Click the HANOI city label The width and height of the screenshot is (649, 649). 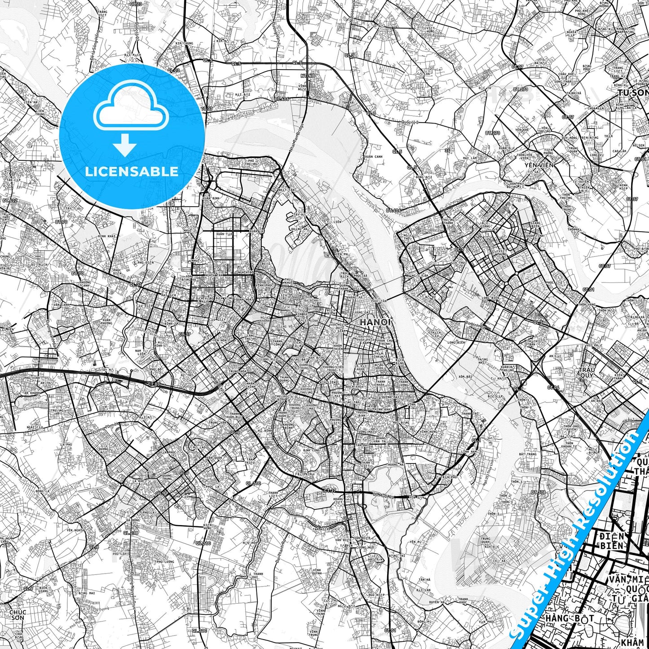(x=375, y=322)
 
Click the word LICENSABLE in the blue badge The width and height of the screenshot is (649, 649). (x=132, y=171)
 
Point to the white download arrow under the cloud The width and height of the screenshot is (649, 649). (x=125, y=145)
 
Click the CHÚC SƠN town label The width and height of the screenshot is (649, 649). (x=18, y=615)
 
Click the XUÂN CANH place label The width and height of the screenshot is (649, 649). (x=373, y=157)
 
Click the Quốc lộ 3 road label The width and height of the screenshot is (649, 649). (x=410, y=122)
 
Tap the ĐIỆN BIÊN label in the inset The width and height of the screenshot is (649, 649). (x=611, y=541)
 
